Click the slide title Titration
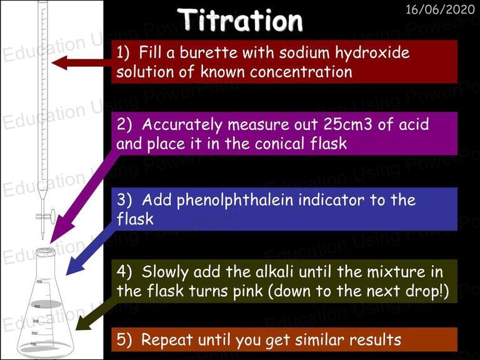click(240, 20)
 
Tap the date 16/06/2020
click(440, 9)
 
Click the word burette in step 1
click(208, 52)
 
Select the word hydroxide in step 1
click(372, 52)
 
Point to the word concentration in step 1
click(301, 72)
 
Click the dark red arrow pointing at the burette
click(81, 62)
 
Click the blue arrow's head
click(75, 265)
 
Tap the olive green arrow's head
click(84, 321)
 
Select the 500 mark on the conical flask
click(39, 281)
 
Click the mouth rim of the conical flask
click(46, 252)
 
